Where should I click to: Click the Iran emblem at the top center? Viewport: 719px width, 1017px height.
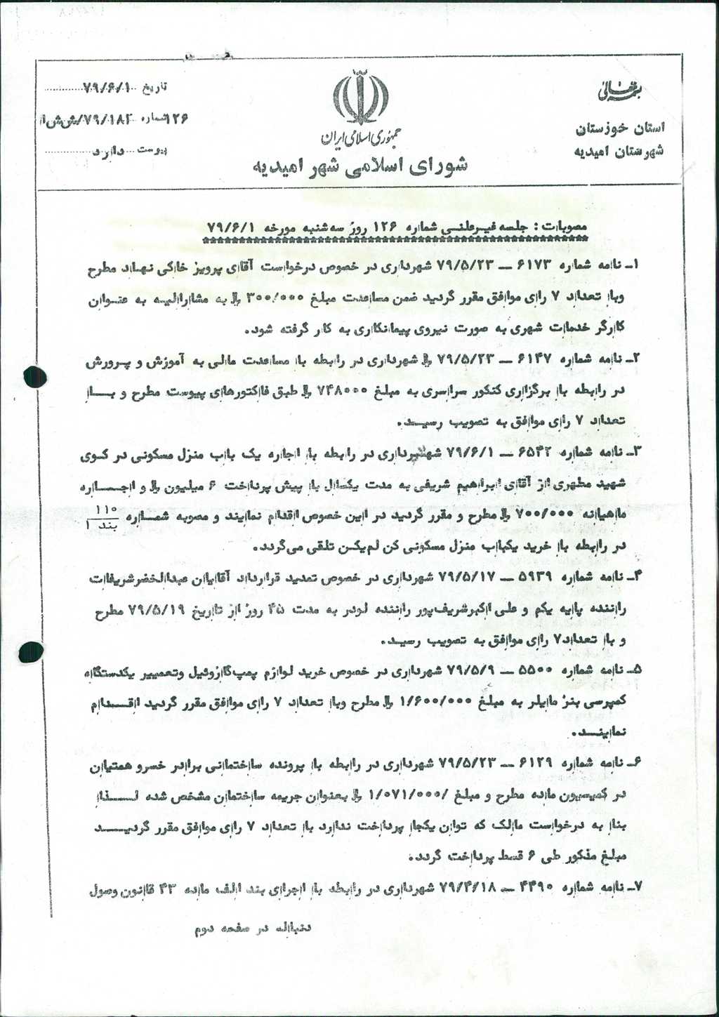point(359,98)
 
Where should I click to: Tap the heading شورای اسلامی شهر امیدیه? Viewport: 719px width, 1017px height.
point(359,166)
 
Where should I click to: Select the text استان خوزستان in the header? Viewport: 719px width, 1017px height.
point(619,129)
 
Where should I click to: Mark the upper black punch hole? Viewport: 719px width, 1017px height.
point(34,377)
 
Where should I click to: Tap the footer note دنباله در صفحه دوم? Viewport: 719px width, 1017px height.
point(253,928)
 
